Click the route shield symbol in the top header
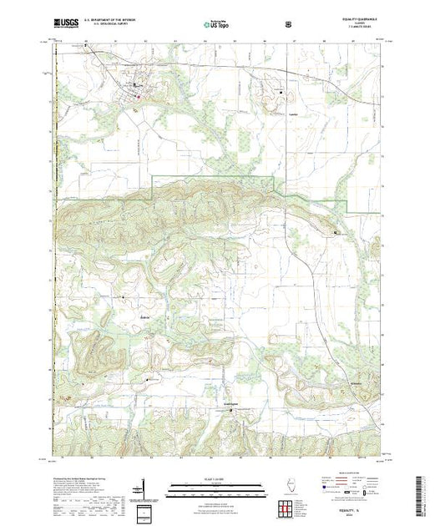pos(289,23)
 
